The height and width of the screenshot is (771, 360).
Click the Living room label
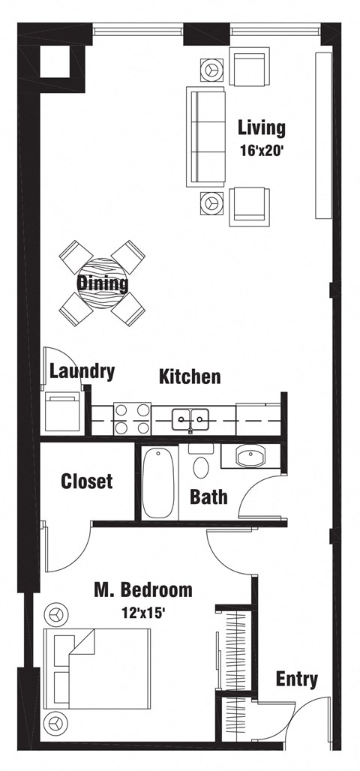(x=261, y=127)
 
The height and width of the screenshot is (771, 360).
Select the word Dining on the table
(x=102, y=283)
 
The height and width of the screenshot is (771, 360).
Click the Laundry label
(x=82, y=370)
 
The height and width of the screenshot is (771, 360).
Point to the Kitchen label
(x=190, y=376)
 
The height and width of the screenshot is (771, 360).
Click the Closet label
(x=87, y=480)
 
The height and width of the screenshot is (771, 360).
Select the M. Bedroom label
(x=142, y=590)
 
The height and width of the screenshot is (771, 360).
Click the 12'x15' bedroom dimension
(x=142, y=611)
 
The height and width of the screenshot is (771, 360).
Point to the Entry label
(x=296, y=679)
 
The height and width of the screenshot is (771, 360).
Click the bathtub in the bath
(x=158, y=481)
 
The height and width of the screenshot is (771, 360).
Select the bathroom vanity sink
(x=250, y=457)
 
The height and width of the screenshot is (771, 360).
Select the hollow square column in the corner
(x=55, y=61)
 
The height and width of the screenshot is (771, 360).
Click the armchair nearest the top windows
(x=250, y=67)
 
